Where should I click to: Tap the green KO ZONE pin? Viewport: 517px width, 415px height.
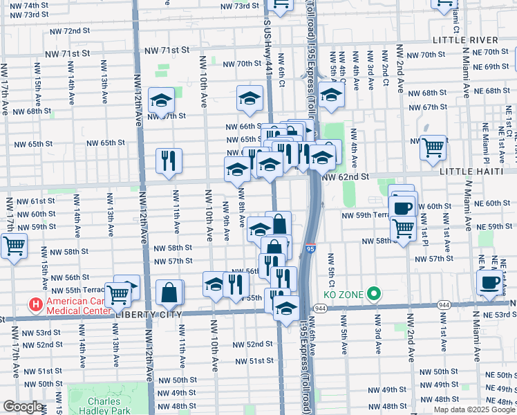click(x=374, y=295)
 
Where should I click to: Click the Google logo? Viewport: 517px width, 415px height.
click(x=23, y=407)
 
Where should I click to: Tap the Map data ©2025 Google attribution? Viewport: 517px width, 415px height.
click(x=474, y=409)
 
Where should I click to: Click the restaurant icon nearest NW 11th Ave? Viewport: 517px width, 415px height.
click(x=169, y=161)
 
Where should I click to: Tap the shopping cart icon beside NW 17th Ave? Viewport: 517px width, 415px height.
click(x=14, y=246)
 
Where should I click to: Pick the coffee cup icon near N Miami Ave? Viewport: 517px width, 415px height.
click(x=490, y=282)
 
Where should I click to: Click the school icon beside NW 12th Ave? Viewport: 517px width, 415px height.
click(x=161, y=102)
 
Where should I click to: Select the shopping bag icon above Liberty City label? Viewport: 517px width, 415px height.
click(x=169, y=293)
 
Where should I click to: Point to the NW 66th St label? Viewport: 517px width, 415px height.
click(x=243, y=127)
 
